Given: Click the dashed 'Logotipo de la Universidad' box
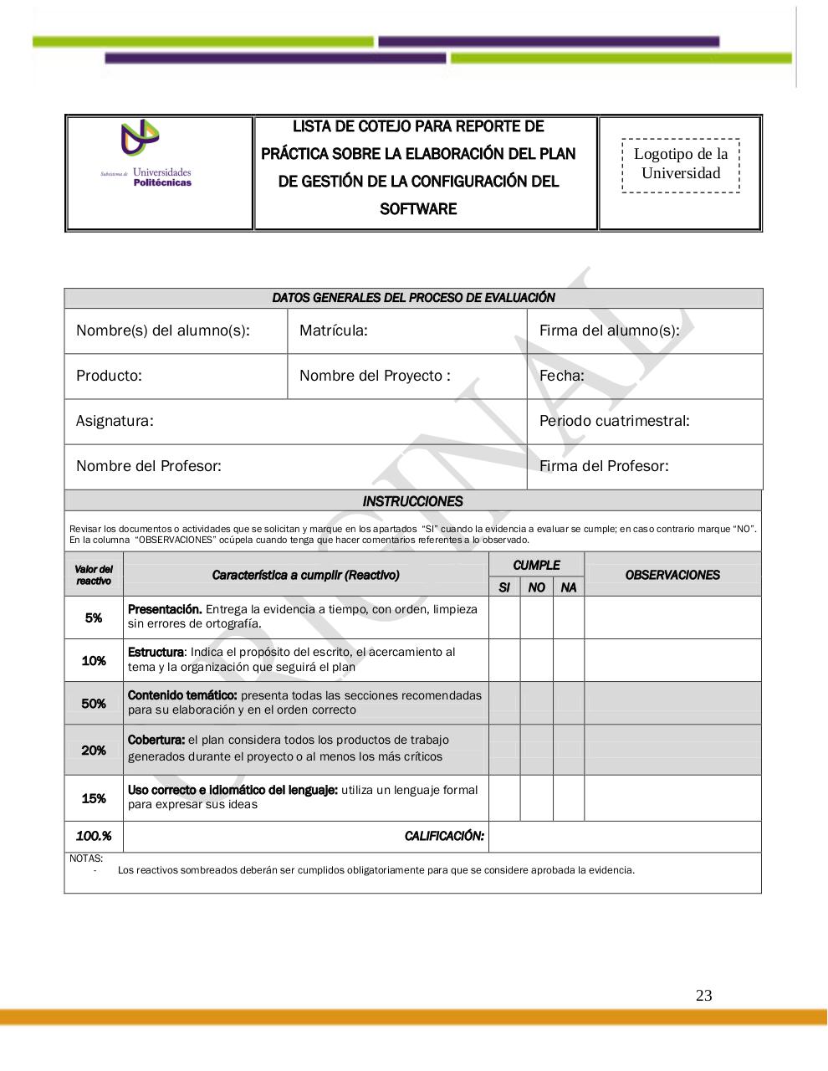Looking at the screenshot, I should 680,165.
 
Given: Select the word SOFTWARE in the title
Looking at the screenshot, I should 417,208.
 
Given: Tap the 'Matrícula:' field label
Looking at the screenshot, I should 333,331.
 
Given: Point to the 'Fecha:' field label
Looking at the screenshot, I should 561,376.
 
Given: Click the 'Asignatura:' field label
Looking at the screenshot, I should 115,421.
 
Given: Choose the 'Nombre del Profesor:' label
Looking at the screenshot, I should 148,466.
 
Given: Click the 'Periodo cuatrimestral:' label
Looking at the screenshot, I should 614,421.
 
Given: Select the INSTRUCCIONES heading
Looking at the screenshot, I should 412,501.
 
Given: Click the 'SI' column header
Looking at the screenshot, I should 503,587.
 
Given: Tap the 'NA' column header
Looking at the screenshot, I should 569,587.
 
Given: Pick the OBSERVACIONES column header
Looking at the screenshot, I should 672,575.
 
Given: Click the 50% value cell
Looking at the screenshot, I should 94,704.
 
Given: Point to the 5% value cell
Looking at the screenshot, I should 94,617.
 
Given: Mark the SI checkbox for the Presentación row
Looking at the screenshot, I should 503,617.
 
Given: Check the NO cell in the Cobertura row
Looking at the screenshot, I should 536,750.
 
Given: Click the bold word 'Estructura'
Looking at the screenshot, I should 156,652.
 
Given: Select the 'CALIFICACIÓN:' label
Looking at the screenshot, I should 444,836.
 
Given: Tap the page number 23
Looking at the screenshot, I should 703,995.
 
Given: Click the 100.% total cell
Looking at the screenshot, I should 94,836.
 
